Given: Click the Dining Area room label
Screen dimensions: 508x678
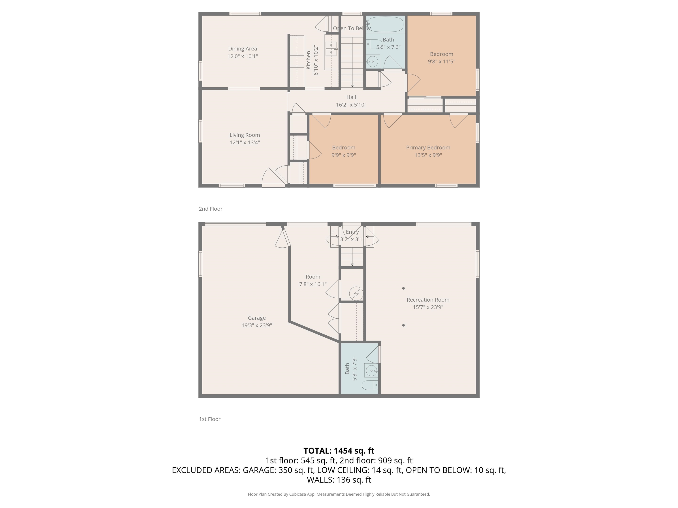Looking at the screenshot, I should coord(243,49).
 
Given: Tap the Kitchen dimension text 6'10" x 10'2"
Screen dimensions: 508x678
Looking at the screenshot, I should coord(316,60).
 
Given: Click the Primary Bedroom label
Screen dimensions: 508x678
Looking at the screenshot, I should coord(428,148).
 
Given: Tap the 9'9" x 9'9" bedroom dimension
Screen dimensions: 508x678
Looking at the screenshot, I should coord(344,155).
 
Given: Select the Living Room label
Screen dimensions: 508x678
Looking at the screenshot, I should coord(245,135).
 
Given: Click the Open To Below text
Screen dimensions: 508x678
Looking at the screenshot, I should coord(352,28).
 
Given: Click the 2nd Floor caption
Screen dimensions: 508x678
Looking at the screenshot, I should coord(211,209).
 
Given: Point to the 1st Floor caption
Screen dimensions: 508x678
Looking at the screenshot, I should coord(210,419).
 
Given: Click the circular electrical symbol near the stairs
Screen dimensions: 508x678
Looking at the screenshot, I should coord(356,294).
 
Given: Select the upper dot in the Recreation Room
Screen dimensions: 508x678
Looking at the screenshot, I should coord(403,288).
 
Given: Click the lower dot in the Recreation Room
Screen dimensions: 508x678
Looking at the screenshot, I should coord(403,325).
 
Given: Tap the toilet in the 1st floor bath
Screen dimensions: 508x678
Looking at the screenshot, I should coord(370,385).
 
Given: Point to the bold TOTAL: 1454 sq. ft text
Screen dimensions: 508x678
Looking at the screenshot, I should coord(339,451).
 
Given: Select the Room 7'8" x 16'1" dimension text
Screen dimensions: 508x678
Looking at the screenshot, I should coord(313,284).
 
